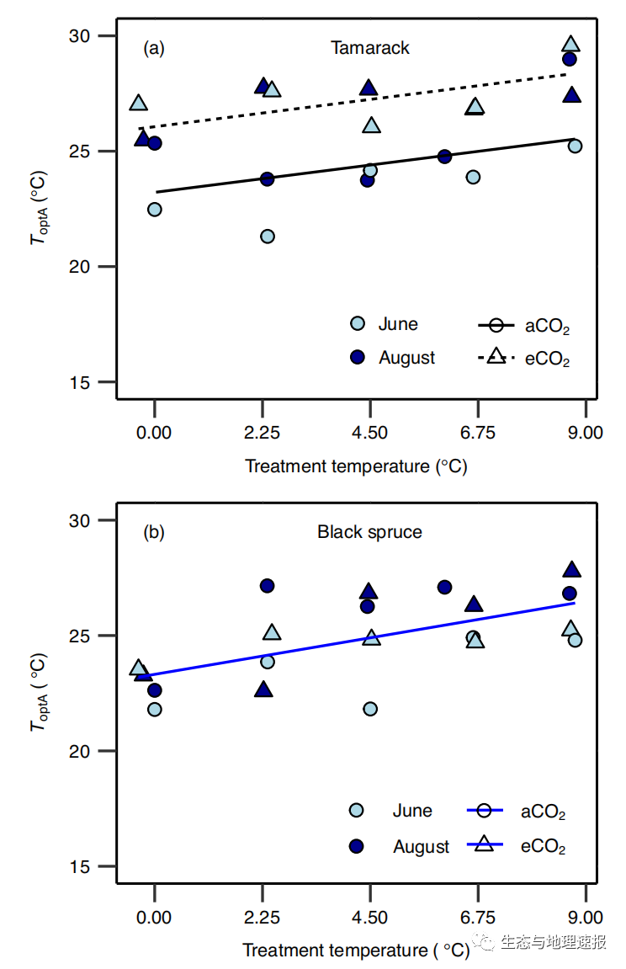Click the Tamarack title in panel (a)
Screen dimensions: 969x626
tap(369, 48)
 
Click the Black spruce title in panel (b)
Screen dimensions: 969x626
tap(369, 532)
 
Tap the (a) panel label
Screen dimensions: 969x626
tap(154, 48)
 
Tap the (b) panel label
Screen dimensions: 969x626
tap(154, 532)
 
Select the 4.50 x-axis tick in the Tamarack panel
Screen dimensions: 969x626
tap(369, 433)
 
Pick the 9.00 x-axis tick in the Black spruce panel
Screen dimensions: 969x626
tap(585, 917)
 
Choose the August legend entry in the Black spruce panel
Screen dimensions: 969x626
tap(420, 847)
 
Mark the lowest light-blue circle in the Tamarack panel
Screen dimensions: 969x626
tap(267, 237)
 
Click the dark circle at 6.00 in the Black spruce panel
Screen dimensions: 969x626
tap(444, 587)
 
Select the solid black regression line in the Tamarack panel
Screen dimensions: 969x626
tap(337, 169)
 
